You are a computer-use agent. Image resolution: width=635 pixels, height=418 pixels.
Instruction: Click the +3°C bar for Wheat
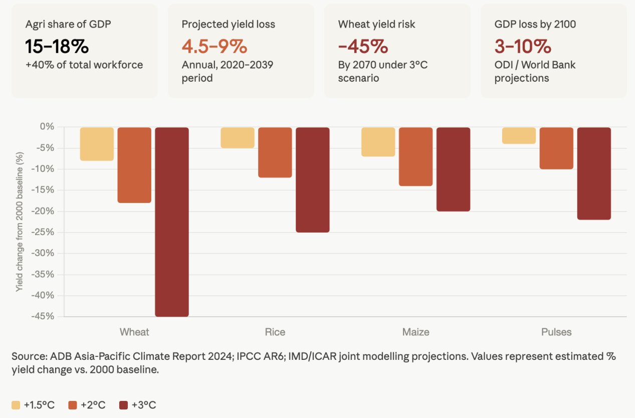tap(172, 222)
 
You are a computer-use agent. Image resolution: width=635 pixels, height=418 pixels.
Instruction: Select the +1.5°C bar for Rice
tap(238, 137)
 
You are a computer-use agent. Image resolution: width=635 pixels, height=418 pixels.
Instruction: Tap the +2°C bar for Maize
tap(415, 156)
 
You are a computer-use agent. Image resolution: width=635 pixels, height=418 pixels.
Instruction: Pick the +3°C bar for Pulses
tap(594, 173)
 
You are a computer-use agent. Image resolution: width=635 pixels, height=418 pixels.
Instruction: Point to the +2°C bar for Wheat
tap(134, 165)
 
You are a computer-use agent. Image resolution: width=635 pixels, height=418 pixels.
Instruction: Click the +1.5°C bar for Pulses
tap(519, 135)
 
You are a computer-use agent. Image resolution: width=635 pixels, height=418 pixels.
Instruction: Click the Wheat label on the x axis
tap(134, 332)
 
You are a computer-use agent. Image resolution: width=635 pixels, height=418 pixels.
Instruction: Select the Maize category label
tap(415, 332)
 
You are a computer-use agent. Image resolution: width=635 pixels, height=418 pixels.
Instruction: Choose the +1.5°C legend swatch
tap(16, 405)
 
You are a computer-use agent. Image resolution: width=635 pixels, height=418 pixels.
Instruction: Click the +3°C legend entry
tap(138, 405)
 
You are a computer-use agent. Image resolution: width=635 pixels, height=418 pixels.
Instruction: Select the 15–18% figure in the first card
tap(57, 47)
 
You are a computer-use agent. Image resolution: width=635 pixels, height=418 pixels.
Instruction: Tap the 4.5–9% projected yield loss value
tap(214, 47)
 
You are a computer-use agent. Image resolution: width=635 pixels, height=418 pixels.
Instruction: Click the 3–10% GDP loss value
tap(523, 47)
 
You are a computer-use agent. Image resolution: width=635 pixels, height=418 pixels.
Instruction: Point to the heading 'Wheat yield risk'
tap(376, 25)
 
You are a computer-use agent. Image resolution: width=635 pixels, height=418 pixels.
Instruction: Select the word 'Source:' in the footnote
tap(29, 356)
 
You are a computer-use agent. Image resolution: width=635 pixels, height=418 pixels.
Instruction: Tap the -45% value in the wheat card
tap(363, 47)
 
